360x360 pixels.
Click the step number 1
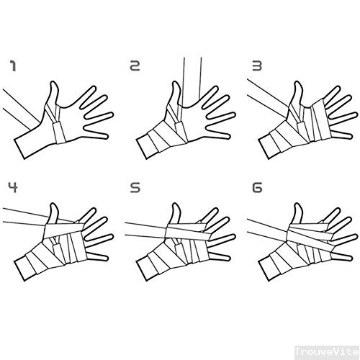[13, 66]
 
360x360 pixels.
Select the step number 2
[135, 66]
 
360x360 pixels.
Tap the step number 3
[257, 66]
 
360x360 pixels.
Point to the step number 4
[13, 187]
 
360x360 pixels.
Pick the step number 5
[135, 187]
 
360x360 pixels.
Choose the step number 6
[257, 187]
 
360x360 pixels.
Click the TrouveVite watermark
[327, 352]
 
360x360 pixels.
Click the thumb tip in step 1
[54, 83]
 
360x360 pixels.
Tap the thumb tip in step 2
[176, 83]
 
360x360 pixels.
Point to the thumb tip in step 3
[298, 83]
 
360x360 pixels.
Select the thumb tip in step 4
[54, 204]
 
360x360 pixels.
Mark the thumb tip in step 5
[176, 204]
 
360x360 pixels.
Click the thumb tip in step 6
[298, 204]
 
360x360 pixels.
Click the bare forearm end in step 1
[19, 149]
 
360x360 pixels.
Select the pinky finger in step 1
[96, 132]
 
